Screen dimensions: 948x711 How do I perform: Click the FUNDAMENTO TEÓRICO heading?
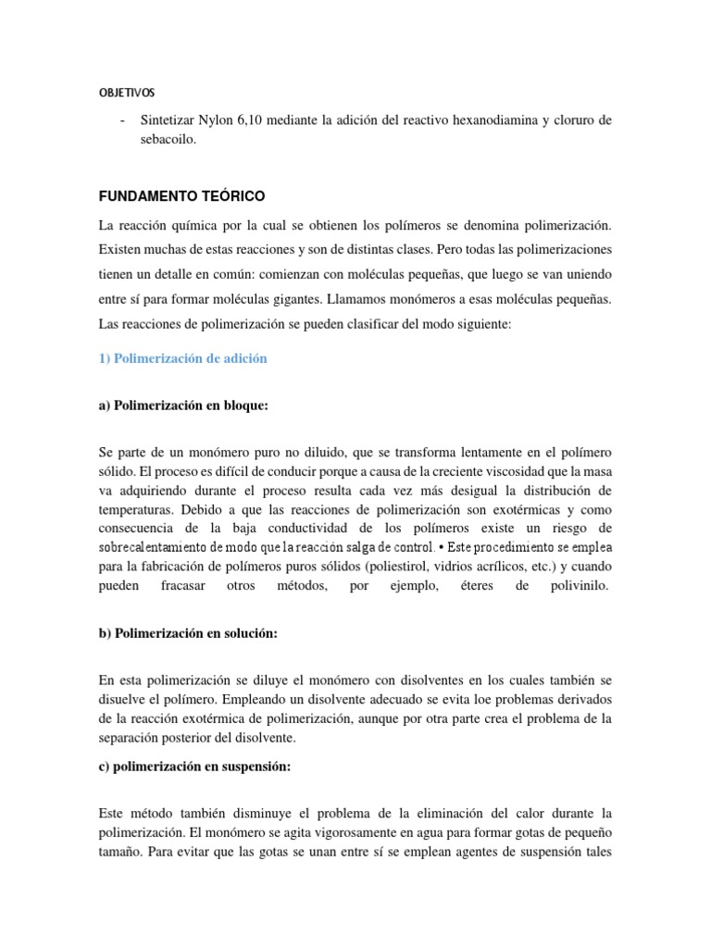(181, 197)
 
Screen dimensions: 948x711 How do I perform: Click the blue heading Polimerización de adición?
(182, 358)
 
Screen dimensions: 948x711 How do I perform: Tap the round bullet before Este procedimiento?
(442, 545)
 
